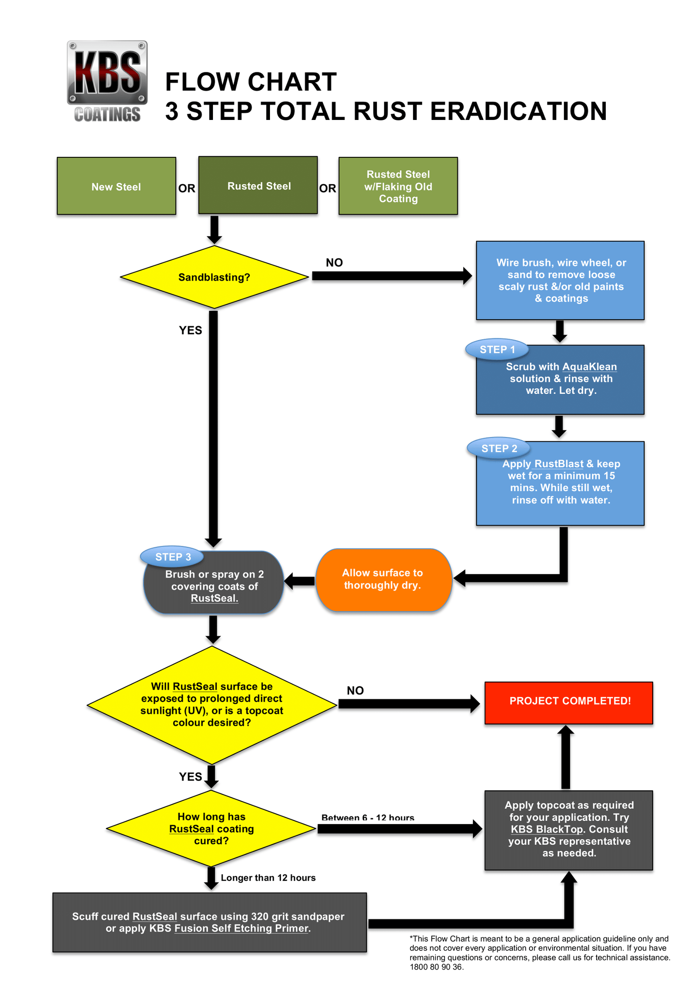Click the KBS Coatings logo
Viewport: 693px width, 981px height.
pos(107,81)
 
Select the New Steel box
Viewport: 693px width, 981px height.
pos(116,186)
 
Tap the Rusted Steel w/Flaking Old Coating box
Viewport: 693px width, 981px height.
pos(398,186)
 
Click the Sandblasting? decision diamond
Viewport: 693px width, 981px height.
pos(214,277)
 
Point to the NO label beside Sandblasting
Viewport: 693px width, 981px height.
pos(334,262)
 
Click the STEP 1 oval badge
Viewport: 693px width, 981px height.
pos(497,350)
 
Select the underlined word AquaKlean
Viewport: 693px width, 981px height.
pos(589,367)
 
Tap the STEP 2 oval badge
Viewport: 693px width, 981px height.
pos(499,449)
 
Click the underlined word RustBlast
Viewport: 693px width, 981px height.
pos(559,464)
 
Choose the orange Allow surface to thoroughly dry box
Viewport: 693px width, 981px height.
pos(383,579)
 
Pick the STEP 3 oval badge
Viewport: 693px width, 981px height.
pos(173,557)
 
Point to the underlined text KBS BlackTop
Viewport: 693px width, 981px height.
pos(546,829)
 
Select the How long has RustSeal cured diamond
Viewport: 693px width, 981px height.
pos(211,828)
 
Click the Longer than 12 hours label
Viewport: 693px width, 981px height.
pos(268,878)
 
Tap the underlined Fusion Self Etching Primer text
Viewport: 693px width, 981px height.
pos(241,928)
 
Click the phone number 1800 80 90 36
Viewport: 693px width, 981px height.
pos(436,967)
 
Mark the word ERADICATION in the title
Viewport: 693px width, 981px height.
pos(518,111)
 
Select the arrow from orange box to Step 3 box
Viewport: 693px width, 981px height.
pos(300,581)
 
